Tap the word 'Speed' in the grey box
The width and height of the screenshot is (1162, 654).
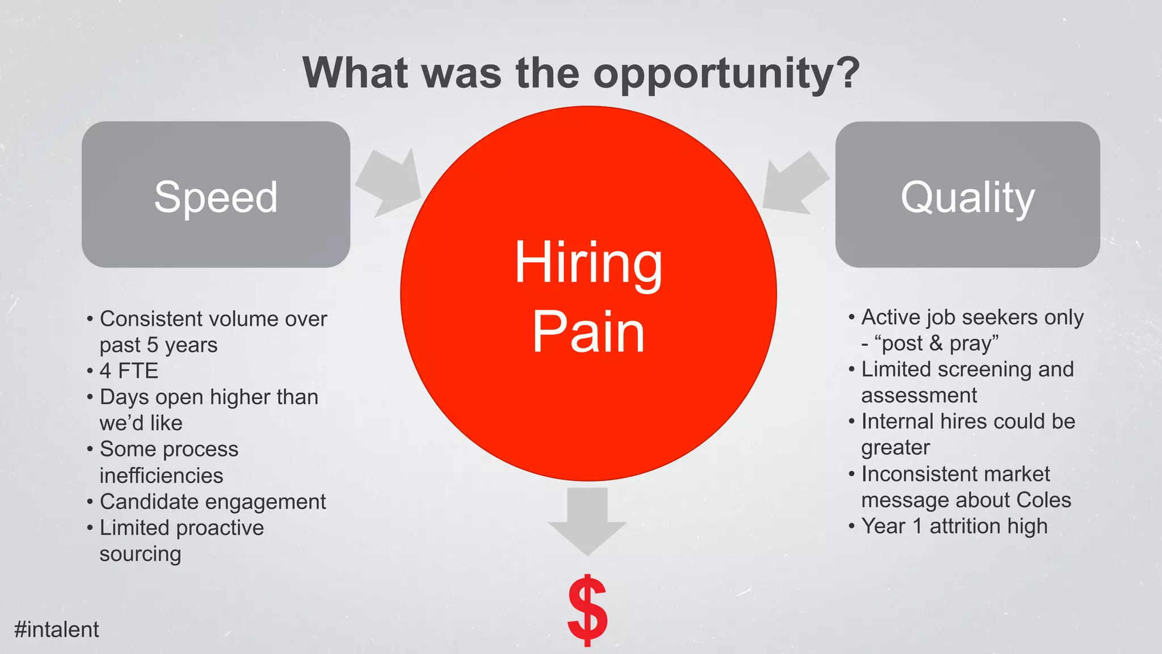(x=216, y=197)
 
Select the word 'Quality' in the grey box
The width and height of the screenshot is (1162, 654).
(x=968, y=198)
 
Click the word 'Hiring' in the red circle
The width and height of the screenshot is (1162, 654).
(x=588, y=263)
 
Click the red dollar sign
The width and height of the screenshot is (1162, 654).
(x=587, y=610)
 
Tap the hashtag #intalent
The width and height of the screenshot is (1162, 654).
(x=57, y=630)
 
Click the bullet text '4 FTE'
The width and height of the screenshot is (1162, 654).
(x=129, y=371)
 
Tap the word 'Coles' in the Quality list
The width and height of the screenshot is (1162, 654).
(x=1043, y=500)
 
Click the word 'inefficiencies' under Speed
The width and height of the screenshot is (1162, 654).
(x=161, y=476)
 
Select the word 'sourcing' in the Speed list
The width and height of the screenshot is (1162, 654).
(x=140, y=554)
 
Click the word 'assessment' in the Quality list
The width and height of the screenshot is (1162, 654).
(x=919, y=396)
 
